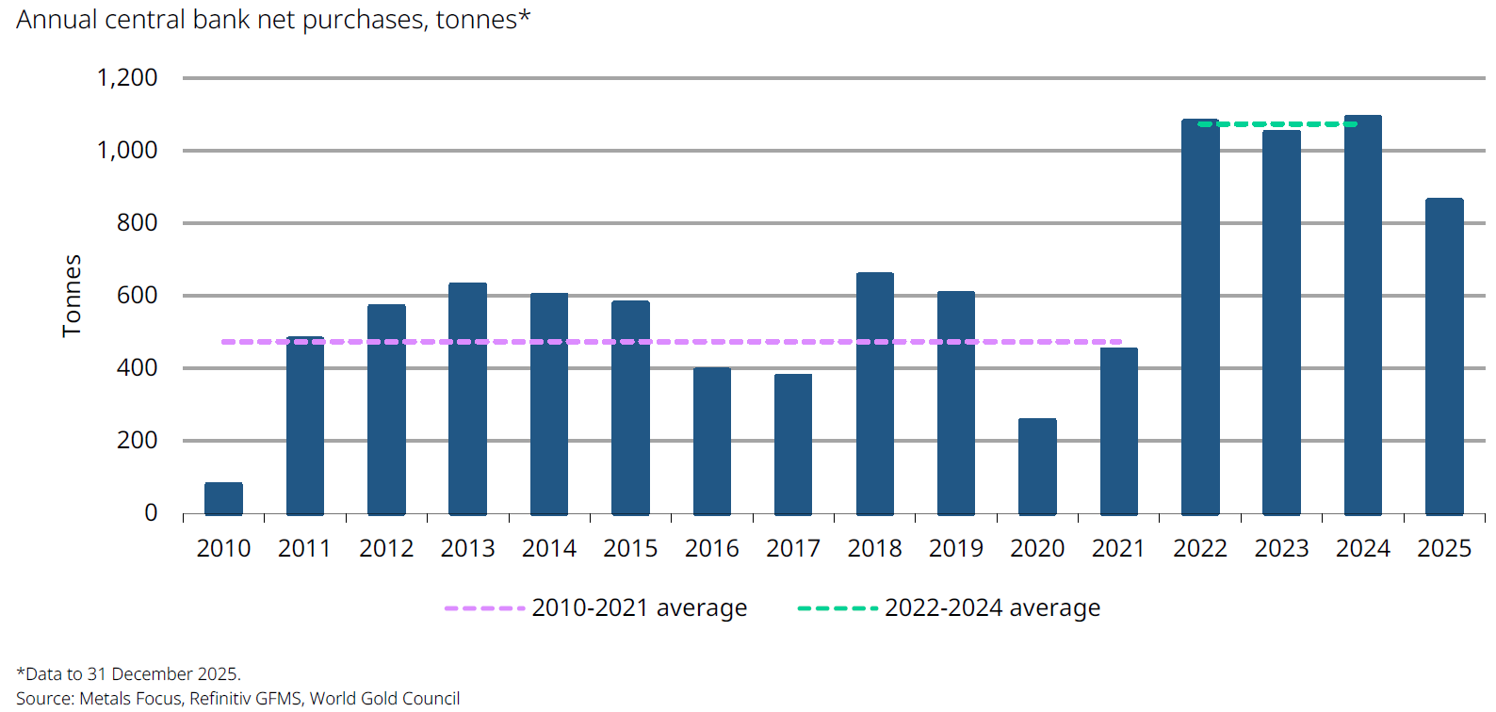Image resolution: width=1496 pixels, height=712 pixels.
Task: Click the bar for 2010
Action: pyautogui.click(x=223, y=498)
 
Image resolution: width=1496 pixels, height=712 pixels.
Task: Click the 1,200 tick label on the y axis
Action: pyautogui.click(x=127, y=77)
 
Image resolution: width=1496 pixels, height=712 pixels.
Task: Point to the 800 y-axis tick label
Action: pyautogui.click(x=138, y=223)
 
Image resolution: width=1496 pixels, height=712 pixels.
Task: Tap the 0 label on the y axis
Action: pyautogui.click(x=151, y=513)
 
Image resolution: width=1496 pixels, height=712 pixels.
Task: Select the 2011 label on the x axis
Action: pyautogui.click(x=304, y=548)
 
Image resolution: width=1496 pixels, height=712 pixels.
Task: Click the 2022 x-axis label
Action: pyautogui.click(x=1199, y=548)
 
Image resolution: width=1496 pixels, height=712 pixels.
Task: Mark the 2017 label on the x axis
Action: pyautogui.click(x=792, y=548)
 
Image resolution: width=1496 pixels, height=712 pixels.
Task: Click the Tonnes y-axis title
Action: pyautogui.click(x=72, y=296)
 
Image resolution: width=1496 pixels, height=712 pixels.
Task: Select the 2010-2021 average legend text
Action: pyautogui.click(x=639, y=608)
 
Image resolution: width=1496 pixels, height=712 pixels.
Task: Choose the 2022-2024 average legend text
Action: pyautogui.click(x=992, y=608)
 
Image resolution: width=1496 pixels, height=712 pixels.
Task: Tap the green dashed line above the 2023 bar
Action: pyautogui.click(x=1281, y=123)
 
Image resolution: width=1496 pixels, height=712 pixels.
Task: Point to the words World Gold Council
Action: pyautogui.click(x=384, y=698)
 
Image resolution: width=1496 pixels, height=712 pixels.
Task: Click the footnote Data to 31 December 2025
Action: pyautogui.click(x=129, y=673)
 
